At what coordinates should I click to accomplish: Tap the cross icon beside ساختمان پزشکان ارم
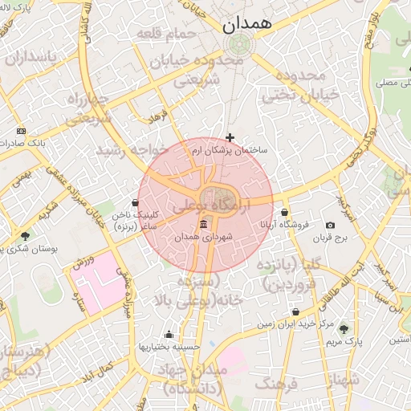(230, 138)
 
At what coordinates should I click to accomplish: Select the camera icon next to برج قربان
(330, 226)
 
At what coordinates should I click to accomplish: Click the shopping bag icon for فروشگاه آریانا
(284, 213)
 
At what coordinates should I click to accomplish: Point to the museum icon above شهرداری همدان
(203, 224)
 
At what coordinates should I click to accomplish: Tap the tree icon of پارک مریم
(344, 329)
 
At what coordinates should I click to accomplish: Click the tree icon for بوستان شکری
(26, 237)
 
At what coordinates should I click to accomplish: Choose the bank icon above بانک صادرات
(21, 130)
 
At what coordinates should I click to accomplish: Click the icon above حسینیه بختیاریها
(169, 335)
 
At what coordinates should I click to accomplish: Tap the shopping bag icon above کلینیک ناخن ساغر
(135, 203)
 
